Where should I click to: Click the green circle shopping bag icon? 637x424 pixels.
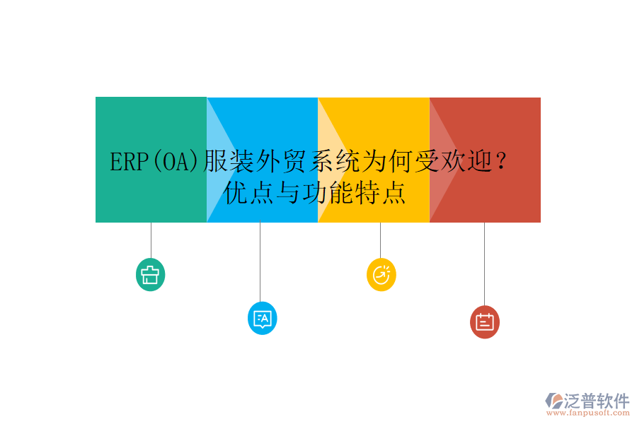150,275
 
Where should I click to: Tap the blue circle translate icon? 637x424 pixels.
262,318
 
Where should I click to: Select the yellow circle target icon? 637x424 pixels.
381,274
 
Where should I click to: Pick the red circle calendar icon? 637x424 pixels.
484,322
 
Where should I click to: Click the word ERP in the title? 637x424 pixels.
127,163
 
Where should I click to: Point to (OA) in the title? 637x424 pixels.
173,163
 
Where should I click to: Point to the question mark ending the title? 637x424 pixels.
500,163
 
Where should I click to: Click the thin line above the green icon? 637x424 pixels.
151,240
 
